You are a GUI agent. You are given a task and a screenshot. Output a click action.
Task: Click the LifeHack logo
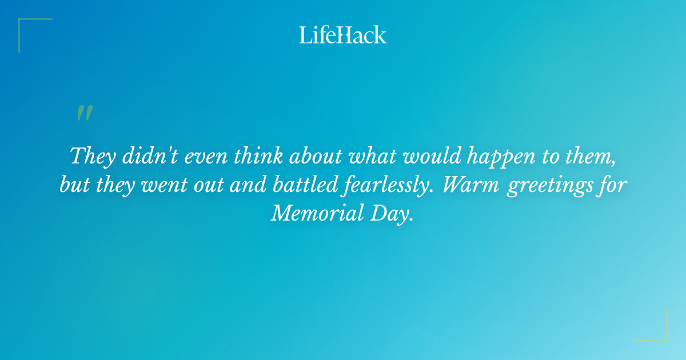[x=343, y=35]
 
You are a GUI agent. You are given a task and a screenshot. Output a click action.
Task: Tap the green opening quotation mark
[x=85, y=113]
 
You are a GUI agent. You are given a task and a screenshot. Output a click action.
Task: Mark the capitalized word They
[x=91, y=155]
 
